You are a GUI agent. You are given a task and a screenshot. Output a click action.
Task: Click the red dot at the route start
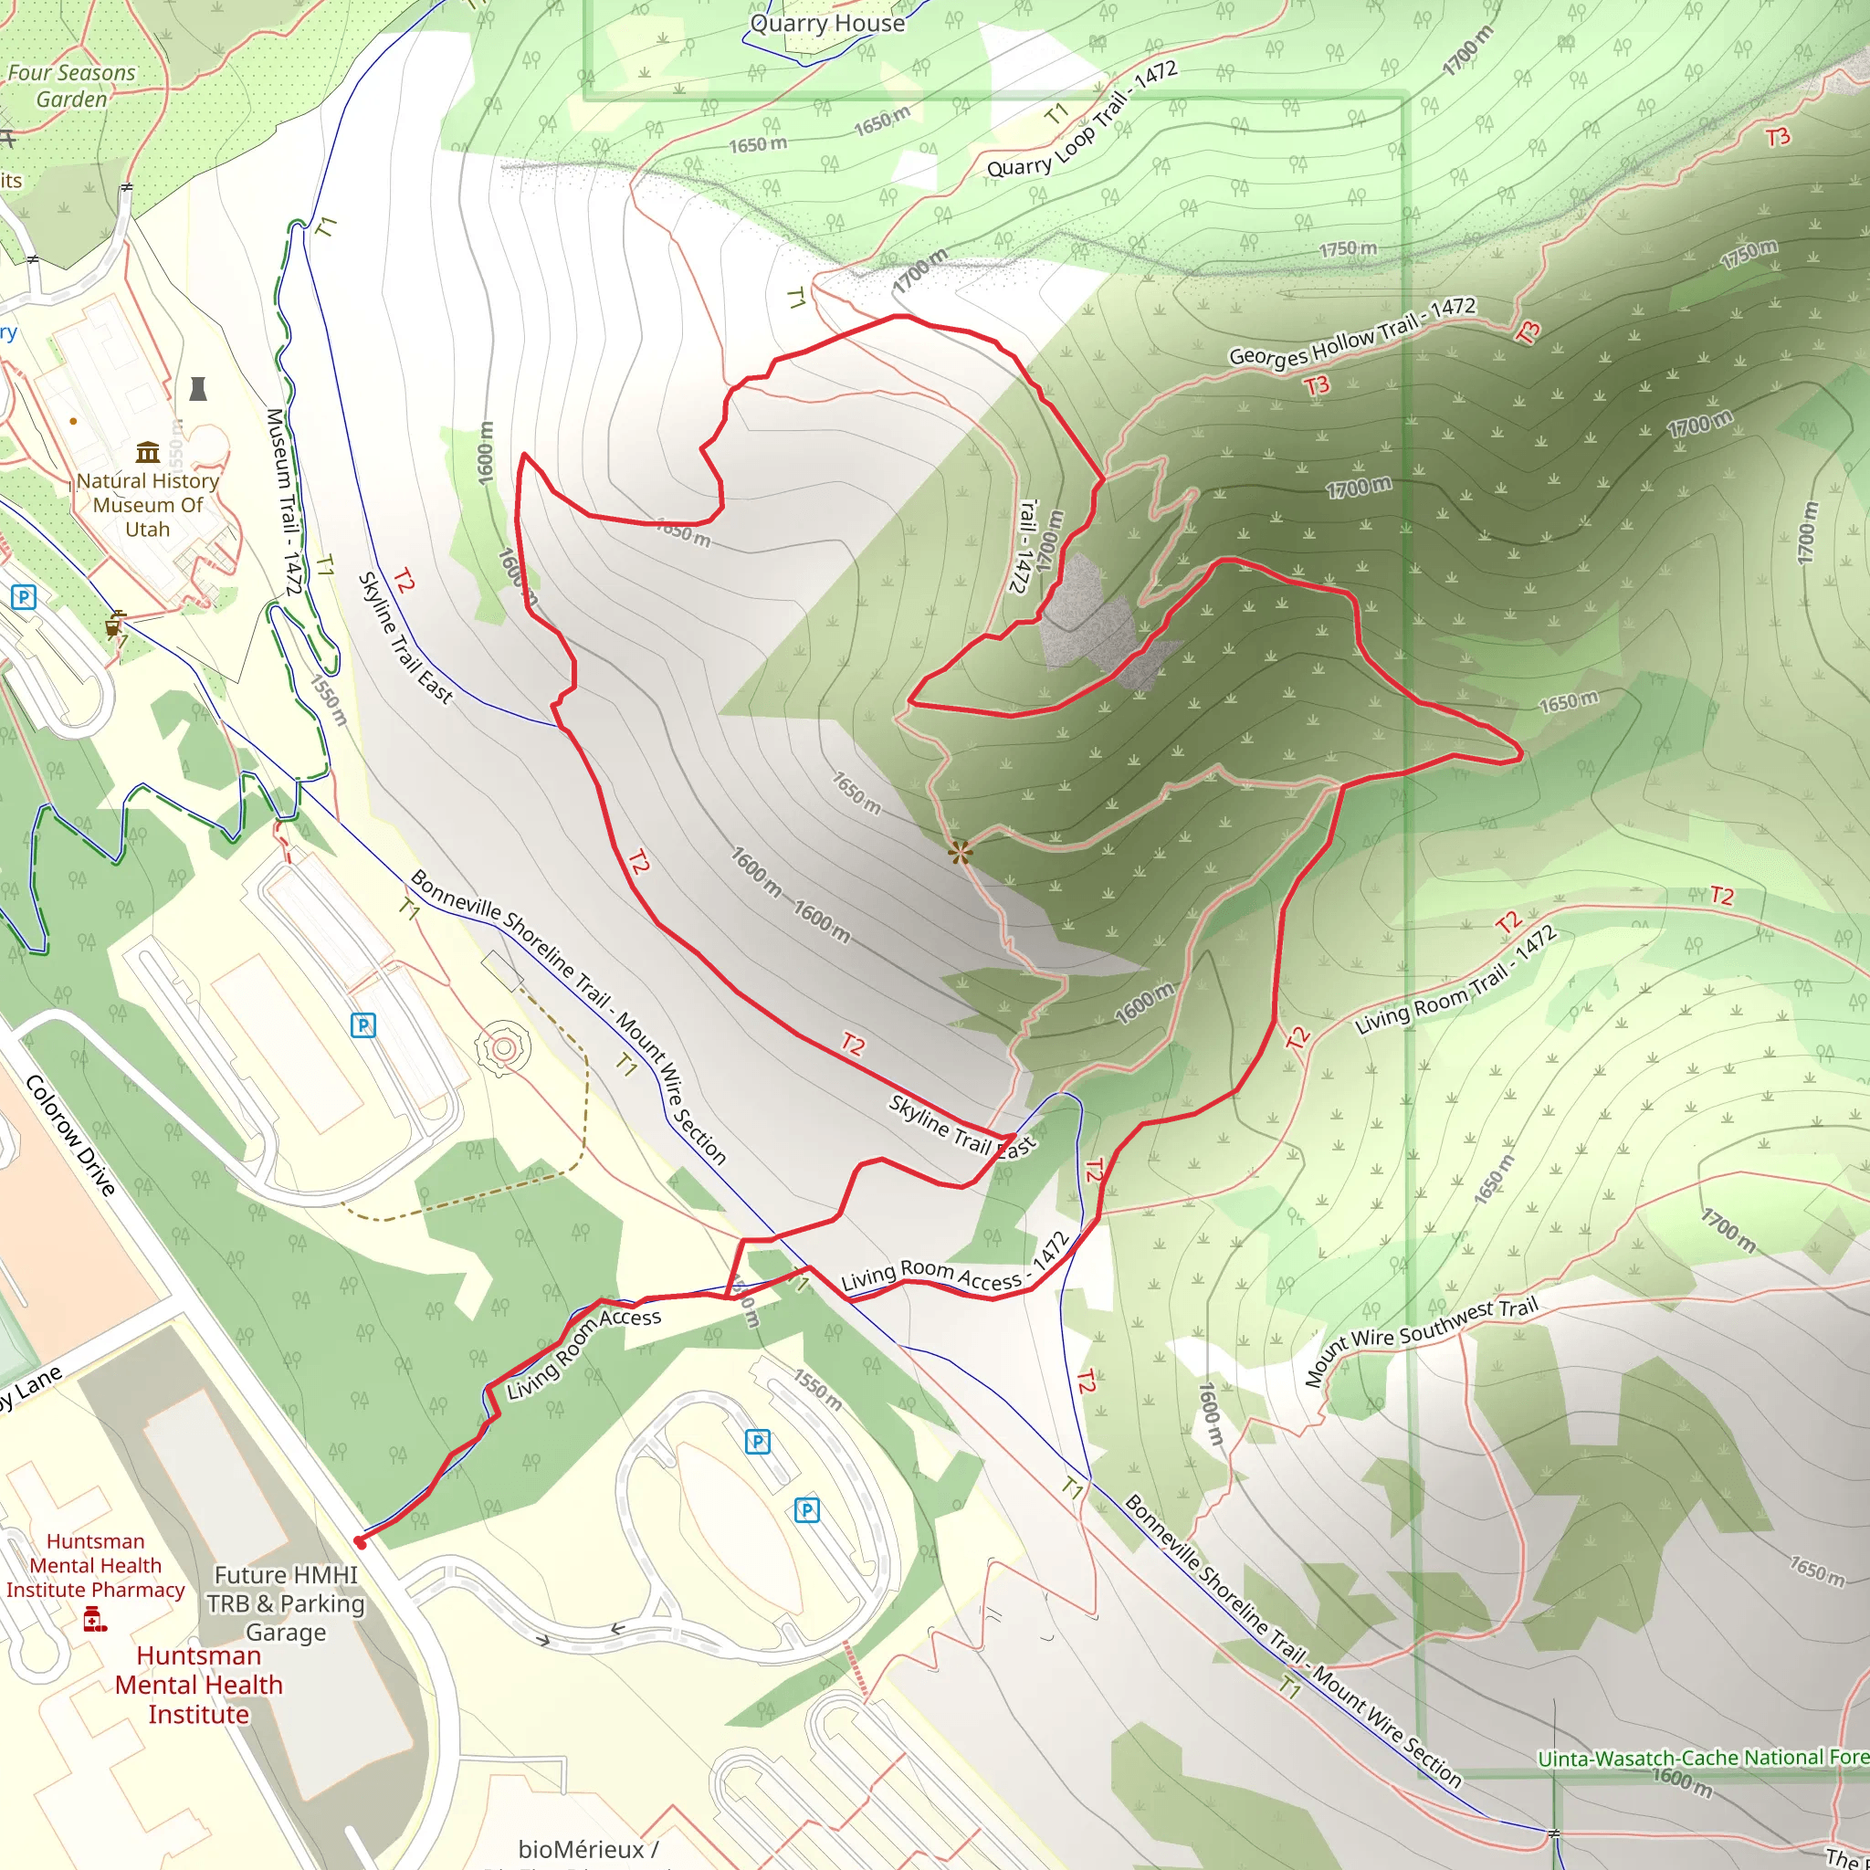[360, 1542]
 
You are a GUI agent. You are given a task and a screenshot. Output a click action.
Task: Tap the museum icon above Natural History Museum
[148, 452]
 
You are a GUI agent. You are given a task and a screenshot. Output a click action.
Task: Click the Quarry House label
[827, 23]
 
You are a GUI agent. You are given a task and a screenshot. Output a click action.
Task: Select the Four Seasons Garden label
[71, 86]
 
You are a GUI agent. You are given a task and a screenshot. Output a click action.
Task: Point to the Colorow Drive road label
[70, 1134]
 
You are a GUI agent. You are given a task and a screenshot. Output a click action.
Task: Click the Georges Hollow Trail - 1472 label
[1352, 332]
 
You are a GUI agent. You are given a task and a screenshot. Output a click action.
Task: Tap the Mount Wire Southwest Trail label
[1421, 1340]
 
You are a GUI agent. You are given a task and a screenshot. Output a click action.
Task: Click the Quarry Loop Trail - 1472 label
[1082, 120]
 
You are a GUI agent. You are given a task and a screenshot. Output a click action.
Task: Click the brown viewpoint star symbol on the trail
[960, 853]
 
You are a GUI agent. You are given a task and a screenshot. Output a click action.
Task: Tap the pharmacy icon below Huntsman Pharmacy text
[94, 1618]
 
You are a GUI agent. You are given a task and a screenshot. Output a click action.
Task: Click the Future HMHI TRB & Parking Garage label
[286, 1602]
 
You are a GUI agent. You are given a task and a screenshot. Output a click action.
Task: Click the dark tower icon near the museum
[197, 389]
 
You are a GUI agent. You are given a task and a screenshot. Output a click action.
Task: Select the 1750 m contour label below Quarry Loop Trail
[1348, 249]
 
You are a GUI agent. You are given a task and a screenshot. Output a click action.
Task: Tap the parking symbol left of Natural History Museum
[23, 597]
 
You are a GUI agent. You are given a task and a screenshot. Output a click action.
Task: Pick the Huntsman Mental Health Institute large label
[198, 1686]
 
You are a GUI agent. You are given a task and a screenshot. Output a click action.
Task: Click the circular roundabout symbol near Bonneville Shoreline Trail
[502, 1048]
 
